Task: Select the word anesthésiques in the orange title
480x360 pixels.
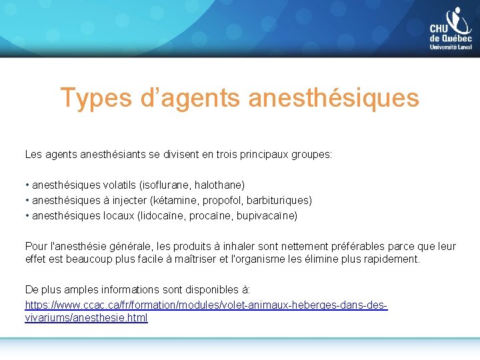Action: (x=333, y=98)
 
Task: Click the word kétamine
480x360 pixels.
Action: (x=175, y=200)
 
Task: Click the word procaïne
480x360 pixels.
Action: (x=212, y=216)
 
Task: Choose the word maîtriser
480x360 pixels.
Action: (x=198, y=258)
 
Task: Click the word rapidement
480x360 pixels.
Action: (x=395, y=258)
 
